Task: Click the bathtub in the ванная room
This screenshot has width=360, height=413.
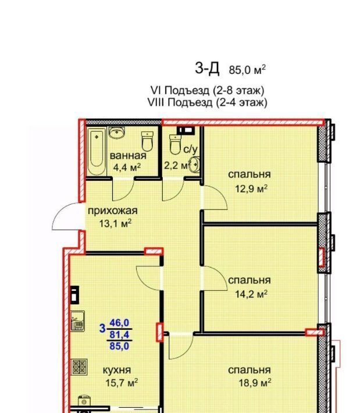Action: (x=97, y=151)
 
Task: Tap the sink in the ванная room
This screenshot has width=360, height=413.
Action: (x=116, y=133)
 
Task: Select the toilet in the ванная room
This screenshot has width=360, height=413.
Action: (x=148, y=141)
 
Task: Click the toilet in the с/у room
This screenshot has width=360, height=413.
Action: (x=174, y=144)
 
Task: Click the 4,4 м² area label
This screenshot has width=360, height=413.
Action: (x=127, y=167)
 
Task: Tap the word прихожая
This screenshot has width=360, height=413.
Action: (x=112, y=211)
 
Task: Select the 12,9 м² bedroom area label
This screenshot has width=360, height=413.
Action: (x=251, y=188)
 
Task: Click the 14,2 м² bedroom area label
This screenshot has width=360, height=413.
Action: (x=251, y=294)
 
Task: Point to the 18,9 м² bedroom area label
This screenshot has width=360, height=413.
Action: (x=255, y=382)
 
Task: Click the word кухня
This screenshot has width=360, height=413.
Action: (x=117, y=370)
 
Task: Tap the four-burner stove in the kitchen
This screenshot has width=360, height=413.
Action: (x=79, y=366)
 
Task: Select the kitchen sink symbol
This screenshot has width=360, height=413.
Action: (x=78, y=321)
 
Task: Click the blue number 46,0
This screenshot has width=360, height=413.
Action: (x=119, y=322)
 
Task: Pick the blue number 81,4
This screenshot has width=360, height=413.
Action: (x=119, y=334)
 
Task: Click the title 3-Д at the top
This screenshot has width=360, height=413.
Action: (x=207, y=68)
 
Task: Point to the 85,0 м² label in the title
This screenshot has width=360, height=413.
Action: (x=247, y=70)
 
